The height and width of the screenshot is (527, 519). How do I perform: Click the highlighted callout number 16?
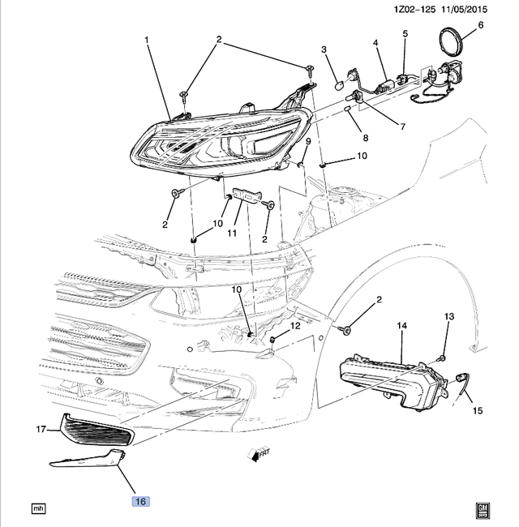[x=139, y=502]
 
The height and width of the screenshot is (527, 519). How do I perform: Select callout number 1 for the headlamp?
[x=147, y=39]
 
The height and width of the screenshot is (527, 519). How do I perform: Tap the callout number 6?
[x=479, y=25]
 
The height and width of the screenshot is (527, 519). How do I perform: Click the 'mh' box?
[x=37, y=508]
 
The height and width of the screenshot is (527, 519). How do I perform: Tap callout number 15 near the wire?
[x=477, y=411]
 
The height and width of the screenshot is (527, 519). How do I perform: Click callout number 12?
[x=295, y=326]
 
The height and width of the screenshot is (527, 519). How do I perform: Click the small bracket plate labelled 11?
[x=244, y=196]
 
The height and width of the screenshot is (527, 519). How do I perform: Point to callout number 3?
[x=324, y=50]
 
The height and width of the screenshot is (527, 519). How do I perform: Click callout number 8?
[x=364, y=138]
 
